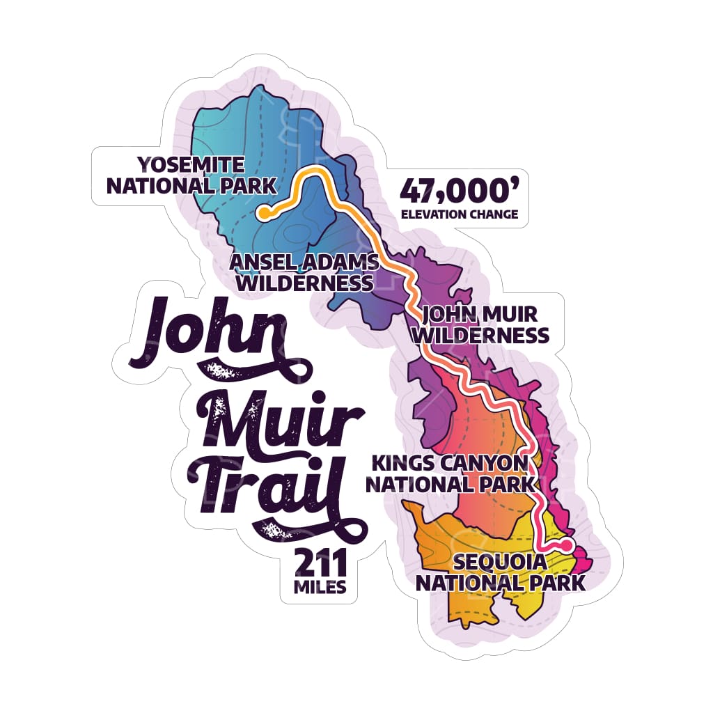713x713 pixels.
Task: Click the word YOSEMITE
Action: [191, 165]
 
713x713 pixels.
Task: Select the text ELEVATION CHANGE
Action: [460, 214]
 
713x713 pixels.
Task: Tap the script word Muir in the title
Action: [279, 425]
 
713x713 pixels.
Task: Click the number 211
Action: [320, 562]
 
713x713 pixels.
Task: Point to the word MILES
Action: [320, 587]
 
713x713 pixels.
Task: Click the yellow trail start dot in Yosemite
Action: [263, 213]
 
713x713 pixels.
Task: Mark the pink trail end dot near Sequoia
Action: [567, 544]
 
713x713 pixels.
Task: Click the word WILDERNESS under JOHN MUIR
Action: [480, 336]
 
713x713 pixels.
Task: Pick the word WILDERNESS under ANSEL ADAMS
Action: [301, 283]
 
